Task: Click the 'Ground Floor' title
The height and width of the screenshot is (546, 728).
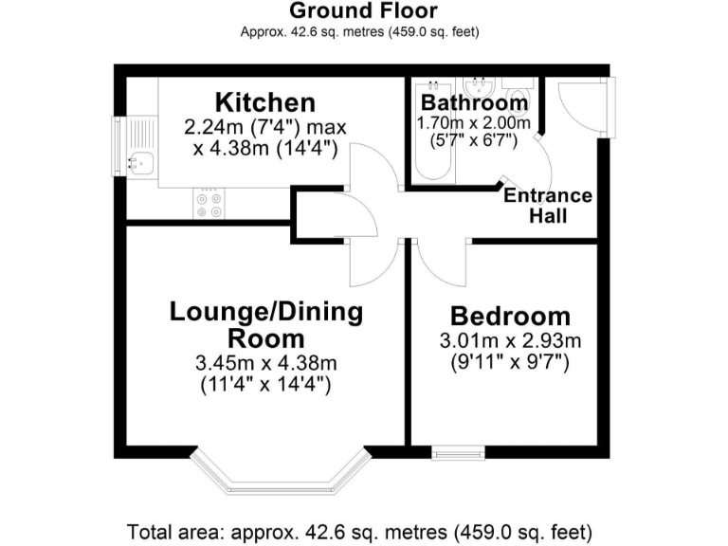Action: click(x=363, y=11)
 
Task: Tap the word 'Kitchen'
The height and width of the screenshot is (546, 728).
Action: click(x=264, y=102)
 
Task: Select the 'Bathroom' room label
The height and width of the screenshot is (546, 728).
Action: click(x=474, y=102)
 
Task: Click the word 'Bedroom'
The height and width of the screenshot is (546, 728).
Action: click(x=510, y=317)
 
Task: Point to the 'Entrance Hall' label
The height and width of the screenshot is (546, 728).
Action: click(x=548, y=206)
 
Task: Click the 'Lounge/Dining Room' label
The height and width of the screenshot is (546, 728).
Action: click(x=266, y=324)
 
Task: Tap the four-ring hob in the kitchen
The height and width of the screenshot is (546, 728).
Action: click(x=208, y=204)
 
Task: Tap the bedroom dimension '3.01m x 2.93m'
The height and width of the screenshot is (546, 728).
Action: click(x=510, y=341)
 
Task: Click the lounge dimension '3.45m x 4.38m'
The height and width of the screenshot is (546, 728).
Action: click(x=266, y=362)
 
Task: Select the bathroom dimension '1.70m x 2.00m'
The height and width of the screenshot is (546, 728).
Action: click(x=474, y=123)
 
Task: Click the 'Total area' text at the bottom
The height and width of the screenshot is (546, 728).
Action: click(x=363, y=530)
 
